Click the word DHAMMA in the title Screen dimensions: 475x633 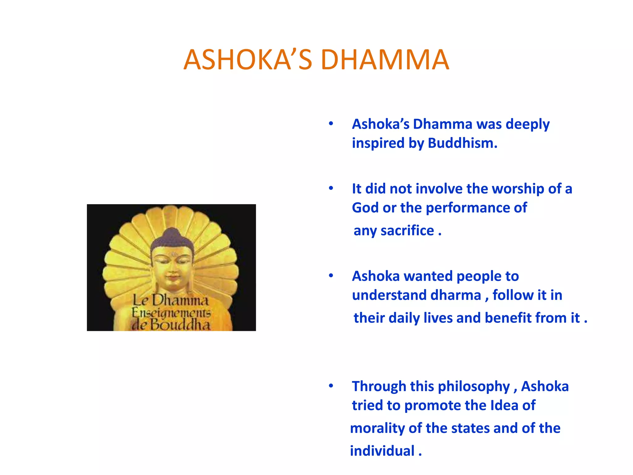384,60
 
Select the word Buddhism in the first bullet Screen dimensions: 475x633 462,143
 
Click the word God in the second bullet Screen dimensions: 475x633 365,208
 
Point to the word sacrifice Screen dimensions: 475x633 407,231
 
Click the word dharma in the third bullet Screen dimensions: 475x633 456,295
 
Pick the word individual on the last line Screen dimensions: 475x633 382,451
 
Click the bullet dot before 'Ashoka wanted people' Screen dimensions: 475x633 331,276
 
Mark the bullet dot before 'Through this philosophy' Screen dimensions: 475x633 331,386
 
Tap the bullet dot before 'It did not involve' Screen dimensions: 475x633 331,188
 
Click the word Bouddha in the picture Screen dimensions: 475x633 180,324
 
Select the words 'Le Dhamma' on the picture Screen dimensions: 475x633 171,300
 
